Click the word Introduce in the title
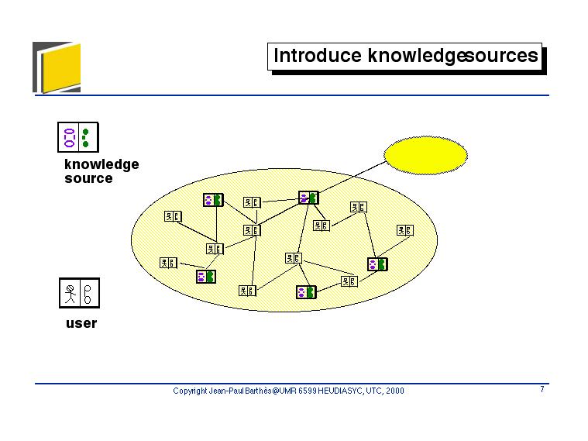tap(318, 56)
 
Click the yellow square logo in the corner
tap(61, 67)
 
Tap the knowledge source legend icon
tap(78, 137)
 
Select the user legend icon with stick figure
tap(79, 293)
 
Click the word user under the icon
tap(81, 323)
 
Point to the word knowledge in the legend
tap(101, 164)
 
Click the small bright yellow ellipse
tap(425, 155)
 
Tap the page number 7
tap(542, 389)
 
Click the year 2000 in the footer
tap(395, 391)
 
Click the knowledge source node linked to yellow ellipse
tap(308, 198)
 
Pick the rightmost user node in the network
tap(405, 230)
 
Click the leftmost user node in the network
tap(168, 263)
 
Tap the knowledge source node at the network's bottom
tap(306, 292)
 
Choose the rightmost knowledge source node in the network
tap(377, 264)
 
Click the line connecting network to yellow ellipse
tap(352, 177)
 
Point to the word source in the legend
tap(88, 178)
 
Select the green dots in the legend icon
tap(85, 138)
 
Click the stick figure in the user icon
tap(70, 294)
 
